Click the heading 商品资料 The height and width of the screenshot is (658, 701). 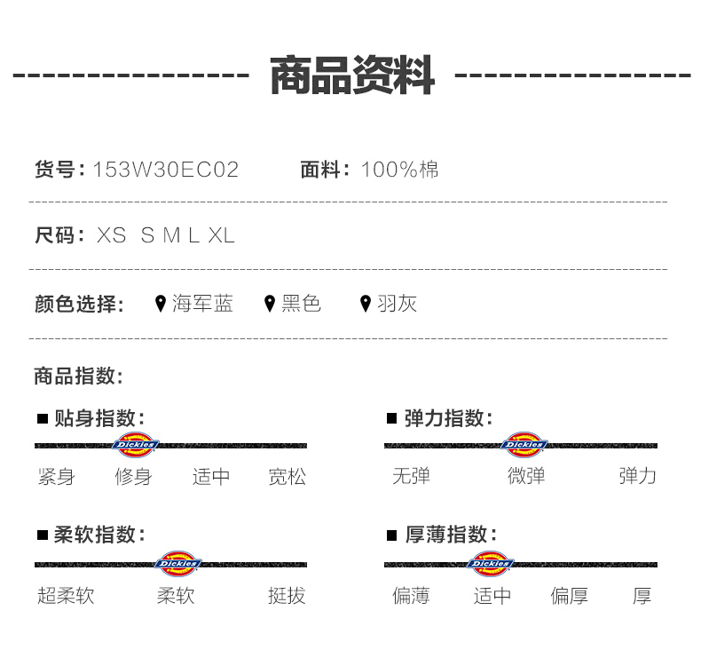point(351,75)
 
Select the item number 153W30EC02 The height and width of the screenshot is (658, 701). point(166,170)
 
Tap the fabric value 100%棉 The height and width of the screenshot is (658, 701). point(399,170)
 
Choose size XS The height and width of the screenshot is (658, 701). point(112,235)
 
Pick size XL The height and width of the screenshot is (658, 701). point(221,235)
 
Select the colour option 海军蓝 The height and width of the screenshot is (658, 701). point(202,304)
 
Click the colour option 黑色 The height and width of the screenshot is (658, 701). point(301,304)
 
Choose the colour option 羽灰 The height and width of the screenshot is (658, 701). point(397,304)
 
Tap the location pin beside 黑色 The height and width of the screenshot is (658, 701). point(270,305)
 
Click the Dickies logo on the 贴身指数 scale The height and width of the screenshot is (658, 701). point(135,445)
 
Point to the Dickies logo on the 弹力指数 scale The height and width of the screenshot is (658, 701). point(524,445)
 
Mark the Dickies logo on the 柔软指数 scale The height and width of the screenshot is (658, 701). point(178,564)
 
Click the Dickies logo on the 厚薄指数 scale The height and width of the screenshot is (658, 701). point(491,564)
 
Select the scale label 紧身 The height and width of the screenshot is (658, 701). point(56,477)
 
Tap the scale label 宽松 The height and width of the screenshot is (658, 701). point(287,477)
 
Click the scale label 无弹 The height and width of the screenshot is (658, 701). point(411,476)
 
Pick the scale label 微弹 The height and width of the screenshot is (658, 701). point(526,476)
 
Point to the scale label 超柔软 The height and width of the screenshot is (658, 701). point(66,595)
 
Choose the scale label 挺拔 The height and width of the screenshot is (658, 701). point(287,595)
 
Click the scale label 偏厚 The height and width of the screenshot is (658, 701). point(569,595)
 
